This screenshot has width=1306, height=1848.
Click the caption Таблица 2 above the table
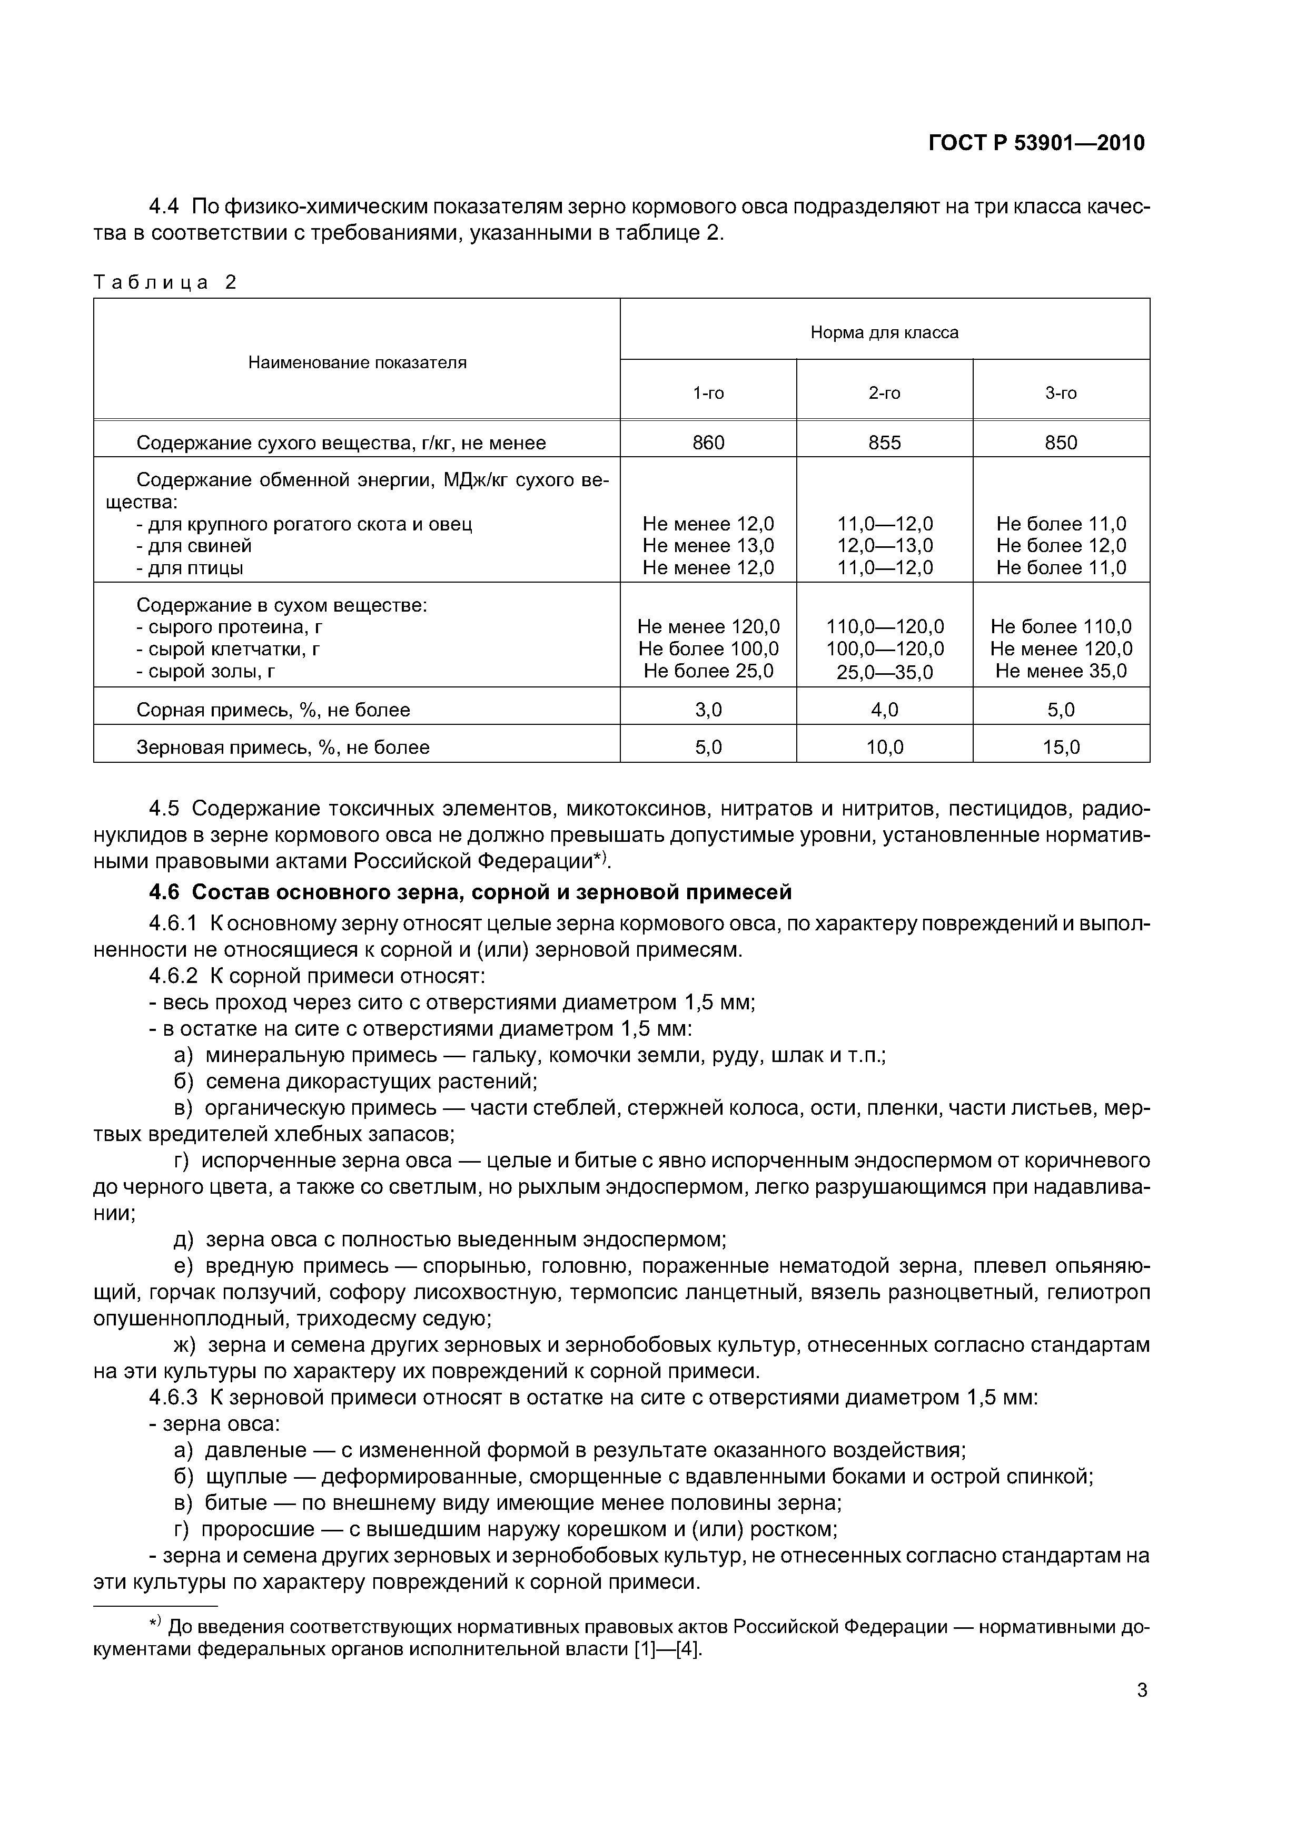pyautogui.click(x=165, y=282)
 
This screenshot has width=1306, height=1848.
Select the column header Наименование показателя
pyautogui.click(x=357, y=362)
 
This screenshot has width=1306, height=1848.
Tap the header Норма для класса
pyautogui.click(x=884, y=332)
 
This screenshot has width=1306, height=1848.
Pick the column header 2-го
pyautogui.click(x=884, y=393)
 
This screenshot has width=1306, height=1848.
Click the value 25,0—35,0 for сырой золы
pyautogui.click(x=884, y=671)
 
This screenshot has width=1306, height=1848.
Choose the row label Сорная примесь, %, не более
pyautogui.click(x=273, y=709)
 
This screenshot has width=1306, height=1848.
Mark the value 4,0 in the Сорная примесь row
pyautogui.click(x=884, y=709)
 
